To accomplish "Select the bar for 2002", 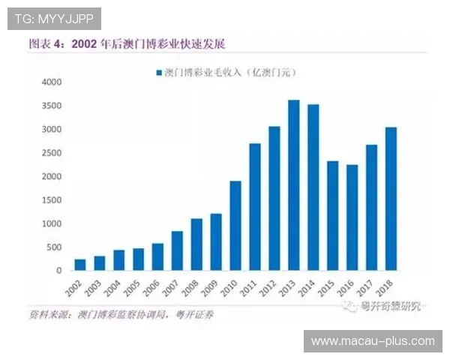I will coord(79,265).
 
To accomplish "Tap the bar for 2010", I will coord(235,226).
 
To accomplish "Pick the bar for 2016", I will coord(352,217).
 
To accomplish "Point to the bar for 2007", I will coord(177,250).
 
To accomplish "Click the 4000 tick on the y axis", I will coord(52,82).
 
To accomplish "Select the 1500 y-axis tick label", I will coord(52,200).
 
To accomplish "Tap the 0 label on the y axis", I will coord(59,271).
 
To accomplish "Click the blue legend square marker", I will coord(157,73).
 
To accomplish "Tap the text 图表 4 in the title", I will coord(46,43).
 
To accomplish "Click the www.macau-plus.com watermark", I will coord(373,341).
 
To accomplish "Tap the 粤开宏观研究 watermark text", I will coord(390,305).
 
